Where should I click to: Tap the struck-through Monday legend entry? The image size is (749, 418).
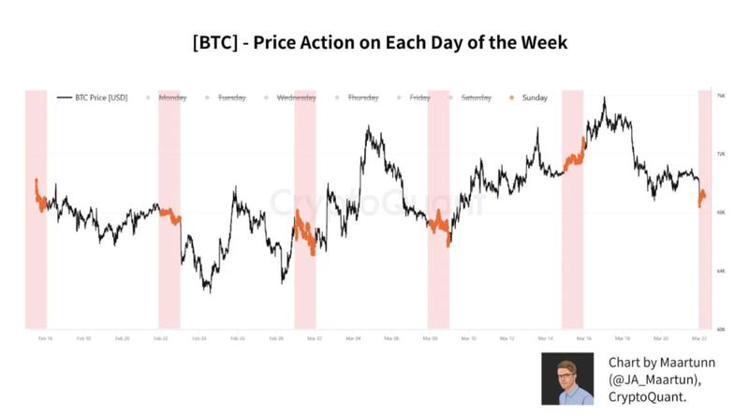click(173, 97)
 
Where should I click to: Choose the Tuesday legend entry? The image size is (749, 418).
click(230, 97)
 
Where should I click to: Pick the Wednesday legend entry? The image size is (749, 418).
click(296, 97)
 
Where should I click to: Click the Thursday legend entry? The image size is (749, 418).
click(361, 97)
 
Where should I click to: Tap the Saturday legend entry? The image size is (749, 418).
click(476, 97)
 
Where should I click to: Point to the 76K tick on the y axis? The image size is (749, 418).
click(720, 96)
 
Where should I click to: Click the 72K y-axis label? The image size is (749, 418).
click(720, 154)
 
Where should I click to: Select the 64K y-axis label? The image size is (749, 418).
click(720, 271)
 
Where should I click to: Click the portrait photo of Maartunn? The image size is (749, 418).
click(568, 379)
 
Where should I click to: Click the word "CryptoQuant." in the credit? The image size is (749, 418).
click(647, 396)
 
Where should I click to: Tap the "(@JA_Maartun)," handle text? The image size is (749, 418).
click(658, 379)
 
